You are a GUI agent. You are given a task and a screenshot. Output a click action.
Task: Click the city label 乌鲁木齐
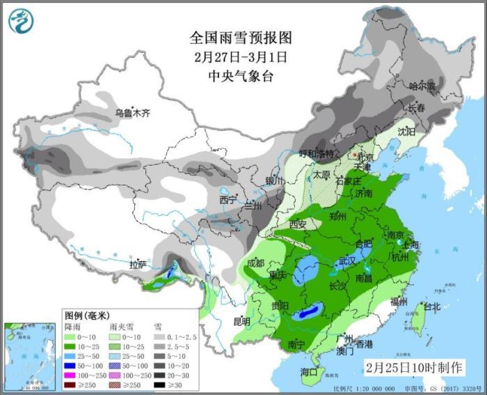click(132, 112)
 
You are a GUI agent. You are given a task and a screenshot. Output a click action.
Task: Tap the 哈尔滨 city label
click(422, 86)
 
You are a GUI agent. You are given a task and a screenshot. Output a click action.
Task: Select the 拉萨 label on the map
click(138, 264)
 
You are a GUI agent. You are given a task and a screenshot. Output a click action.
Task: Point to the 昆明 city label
click(241, 321)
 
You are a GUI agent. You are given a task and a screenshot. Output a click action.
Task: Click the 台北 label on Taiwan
click(431, 307)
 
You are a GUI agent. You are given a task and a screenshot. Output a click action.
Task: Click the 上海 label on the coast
click(408, 245)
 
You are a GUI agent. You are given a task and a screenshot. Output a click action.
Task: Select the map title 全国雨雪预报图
click(240, 36)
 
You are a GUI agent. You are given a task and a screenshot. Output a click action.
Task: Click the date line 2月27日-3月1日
click(240, 56)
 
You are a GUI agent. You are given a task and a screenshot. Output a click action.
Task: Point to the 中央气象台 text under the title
click(240, 76)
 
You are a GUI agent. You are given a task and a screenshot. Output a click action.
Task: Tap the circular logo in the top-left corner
click(20, 20)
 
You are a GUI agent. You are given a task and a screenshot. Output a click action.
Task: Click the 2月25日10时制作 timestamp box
click(413, 366)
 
